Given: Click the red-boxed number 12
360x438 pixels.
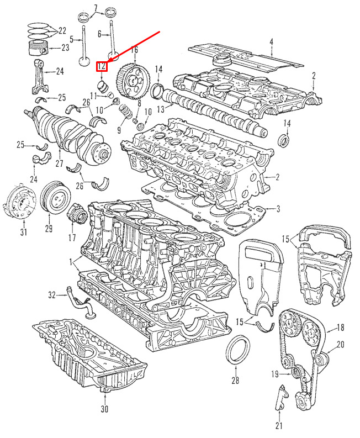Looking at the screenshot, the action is point(102,66).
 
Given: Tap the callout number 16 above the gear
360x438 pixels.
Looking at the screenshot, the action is point(134,50).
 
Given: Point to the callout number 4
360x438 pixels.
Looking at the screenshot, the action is point(271,43).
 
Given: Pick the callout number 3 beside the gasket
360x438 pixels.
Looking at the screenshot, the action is point(278,209).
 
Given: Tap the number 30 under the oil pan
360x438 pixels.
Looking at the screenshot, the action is point(104,409).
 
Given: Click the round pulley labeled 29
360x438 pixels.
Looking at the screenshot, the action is point(55,197).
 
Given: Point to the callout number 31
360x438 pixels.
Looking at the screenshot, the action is point(23,232).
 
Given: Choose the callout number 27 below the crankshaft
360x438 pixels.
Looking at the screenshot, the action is point(59,163).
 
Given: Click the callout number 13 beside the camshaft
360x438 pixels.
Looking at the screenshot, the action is point(161,109).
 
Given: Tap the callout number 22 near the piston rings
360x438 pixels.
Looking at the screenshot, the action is point(62,30).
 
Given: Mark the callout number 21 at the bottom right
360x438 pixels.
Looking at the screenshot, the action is point(279,425).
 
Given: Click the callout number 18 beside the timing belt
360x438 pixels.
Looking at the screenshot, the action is point(341,328).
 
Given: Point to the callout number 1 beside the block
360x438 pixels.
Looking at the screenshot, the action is point(71,262).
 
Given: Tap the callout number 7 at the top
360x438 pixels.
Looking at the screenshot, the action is point(97,8).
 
